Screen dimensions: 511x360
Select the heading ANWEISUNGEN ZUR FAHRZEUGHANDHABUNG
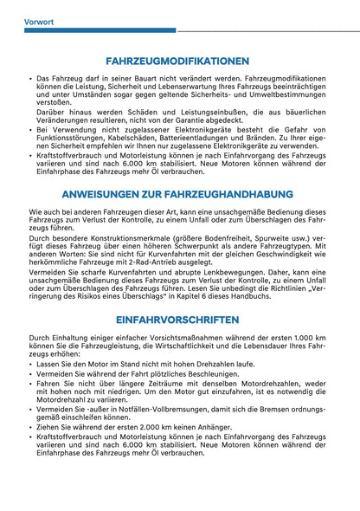(x=180, y=195)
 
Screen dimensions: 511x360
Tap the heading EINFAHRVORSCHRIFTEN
(x=180, y=318)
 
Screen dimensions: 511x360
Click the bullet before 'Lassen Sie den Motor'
(x=31, y=365)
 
